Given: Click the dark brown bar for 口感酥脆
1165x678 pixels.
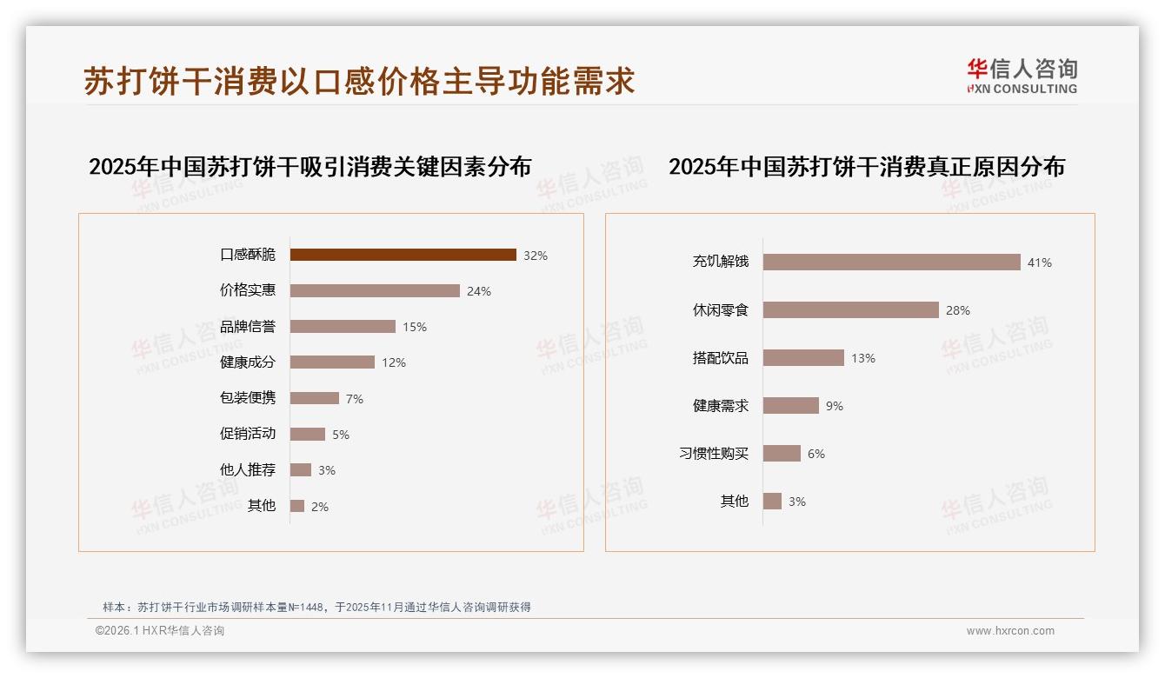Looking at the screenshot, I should coord(403,255).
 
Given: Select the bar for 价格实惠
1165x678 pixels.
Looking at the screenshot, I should coord(375,291).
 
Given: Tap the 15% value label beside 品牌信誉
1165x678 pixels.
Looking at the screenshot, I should coord(414,327).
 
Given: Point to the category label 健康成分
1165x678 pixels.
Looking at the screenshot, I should coord(247,362).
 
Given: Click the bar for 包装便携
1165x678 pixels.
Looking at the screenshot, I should coord(314,398).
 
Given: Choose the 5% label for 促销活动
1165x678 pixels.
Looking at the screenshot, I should coord(341,435).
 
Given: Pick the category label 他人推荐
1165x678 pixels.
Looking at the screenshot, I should coord(247,470).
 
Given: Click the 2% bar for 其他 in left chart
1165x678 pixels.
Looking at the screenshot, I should coord(297,506).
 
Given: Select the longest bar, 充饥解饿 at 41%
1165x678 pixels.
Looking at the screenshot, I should coord(891,262).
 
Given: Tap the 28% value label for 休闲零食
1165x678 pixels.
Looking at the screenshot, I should coord(958,310).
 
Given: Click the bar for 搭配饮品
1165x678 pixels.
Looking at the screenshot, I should coord(803,358).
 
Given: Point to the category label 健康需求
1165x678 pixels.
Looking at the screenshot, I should coord(720,406).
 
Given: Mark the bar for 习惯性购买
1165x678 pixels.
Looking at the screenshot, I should coord(782,454).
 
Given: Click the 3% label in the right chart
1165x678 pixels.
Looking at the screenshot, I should coord(797,502).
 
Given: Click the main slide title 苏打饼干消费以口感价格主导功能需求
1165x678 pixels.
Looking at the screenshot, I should coord(359,81).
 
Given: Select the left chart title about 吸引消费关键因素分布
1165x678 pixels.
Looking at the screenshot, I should coord(310,166).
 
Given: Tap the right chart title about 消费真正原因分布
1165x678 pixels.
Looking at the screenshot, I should coord(866,166).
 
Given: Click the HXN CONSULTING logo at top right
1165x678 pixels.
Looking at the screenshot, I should coord(1022,76).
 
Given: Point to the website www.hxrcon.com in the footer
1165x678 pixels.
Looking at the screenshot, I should coord(1010,631).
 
